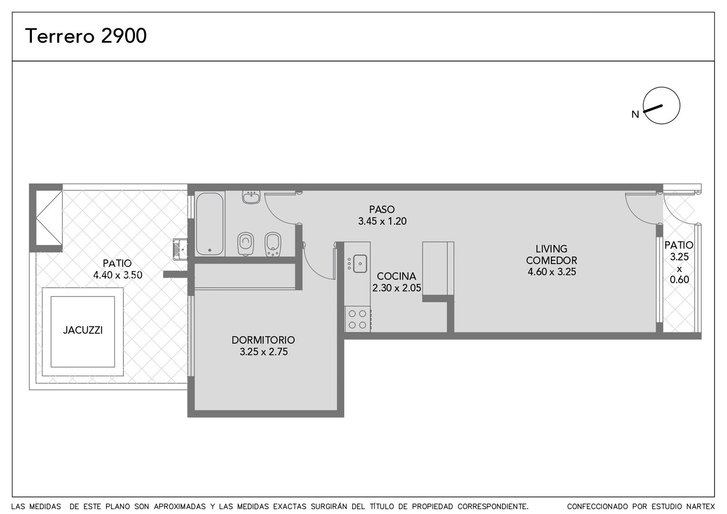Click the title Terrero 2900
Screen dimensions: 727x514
click(x=86, y=36)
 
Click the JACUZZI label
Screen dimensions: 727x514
click(x=83, y=330)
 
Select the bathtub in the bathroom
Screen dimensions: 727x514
click(x=210, y=224)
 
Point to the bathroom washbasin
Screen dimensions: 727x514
click(x=251, y=197)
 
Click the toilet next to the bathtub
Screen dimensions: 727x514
click(x=246, y=244)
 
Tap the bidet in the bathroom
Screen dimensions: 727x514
click(x=273, y=244)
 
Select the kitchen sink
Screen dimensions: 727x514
click(x=360, y=264)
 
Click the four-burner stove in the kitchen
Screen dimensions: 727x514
click(x=358, y=319)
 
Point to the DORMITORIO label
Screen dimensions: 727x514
click(x=263, y=340)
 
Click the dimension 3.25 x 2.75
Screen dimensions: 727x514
click(x=264, y=352)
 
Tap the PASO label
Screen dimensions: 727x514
click(x=382, y=209)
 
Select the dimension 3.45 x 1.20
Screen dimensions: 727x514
click(x=383, y=221)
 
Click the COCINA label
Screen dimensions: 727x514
click(x=397, y=276)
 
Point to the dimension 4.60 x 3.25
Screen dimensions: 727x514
click(x=552, y=271)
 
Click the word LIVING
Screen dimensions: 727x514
click(x=551, y=249)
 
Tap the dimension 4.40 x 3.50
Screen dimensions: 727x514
click(x=118, y=275)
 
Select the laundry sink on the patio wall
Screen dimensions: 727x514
click(x=180, y=249)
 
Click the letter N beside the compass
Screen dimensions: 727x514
click(x=635, y=114)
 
